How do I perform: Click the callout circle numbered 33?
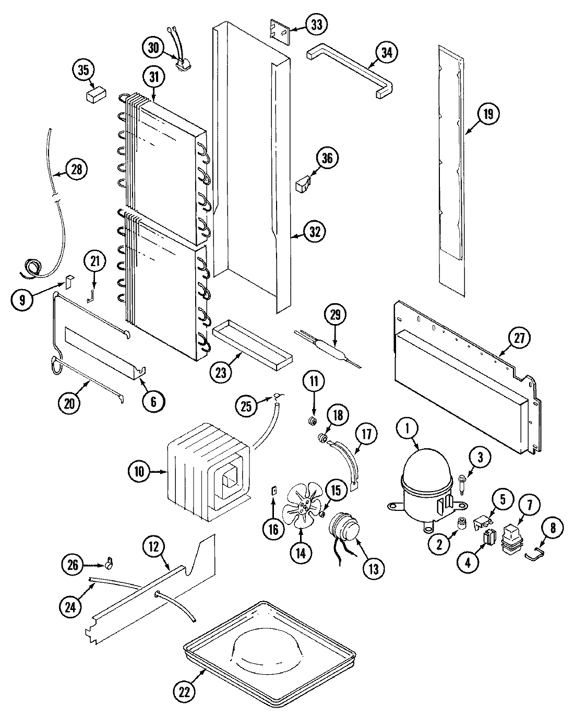click(x=317, y=24)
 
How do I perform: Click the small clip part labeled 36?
click(x=303, y=184)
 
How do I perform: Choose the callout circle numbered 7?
click(x=529, y=505)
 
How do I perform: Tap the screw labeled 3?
click(x=463, y=479)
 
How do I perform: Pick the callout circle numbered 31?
click(x=154, y=77)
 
